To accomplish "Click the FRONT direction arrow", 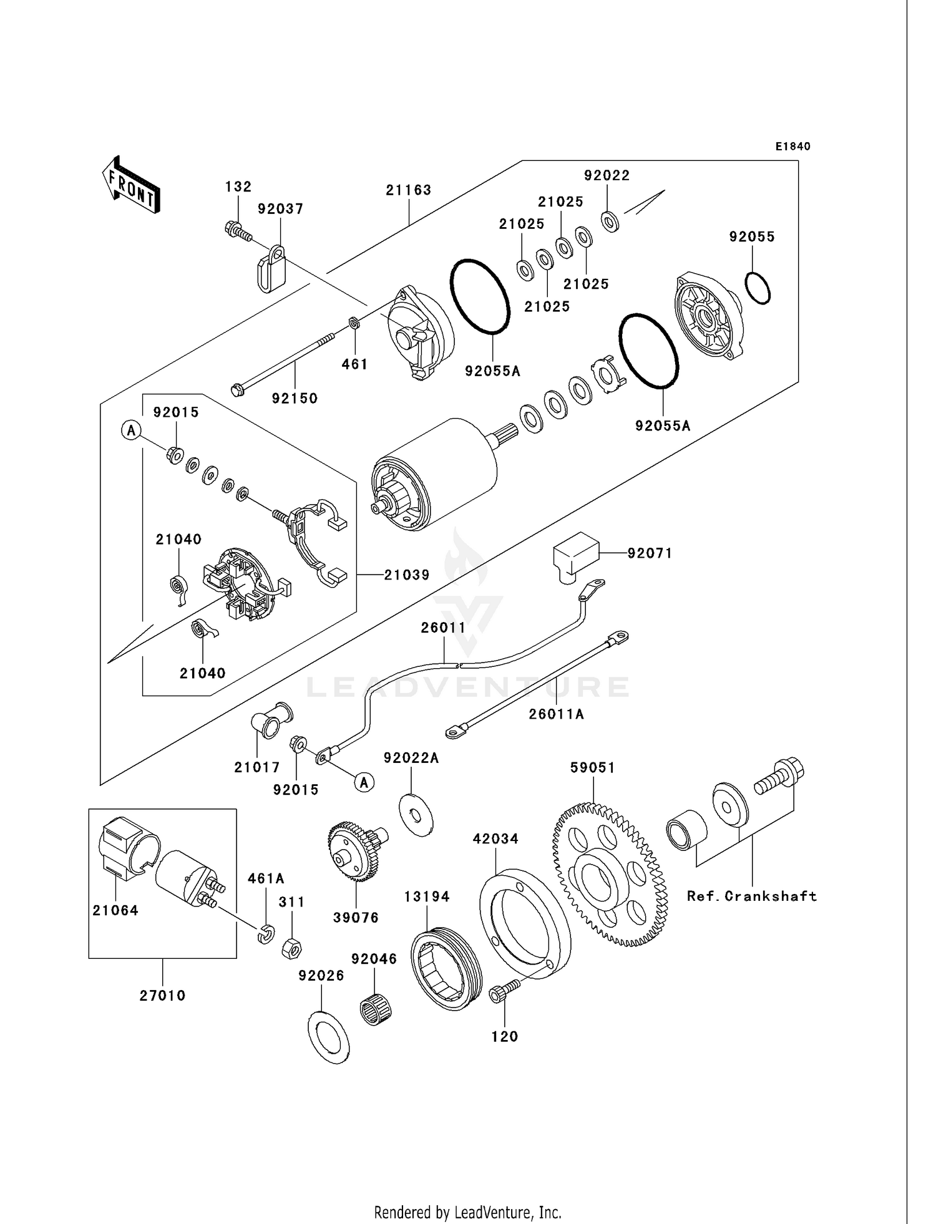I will tap(132, 185).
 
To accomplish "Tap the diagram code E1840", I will tap(792, 147).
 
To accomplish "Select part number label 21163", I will tap(409, 190).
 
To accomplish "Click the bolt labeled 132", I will tap(236, 231).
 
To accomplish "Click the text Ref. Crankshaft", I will tap(752, 896).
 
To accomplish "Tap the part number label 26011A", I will tap(556, 714).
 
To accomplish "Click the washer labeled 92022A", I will tap(416, 814).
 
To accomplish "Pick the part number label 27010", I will tap(162, 996).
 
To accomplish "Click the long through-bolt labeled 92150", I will tap(284, 362).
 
